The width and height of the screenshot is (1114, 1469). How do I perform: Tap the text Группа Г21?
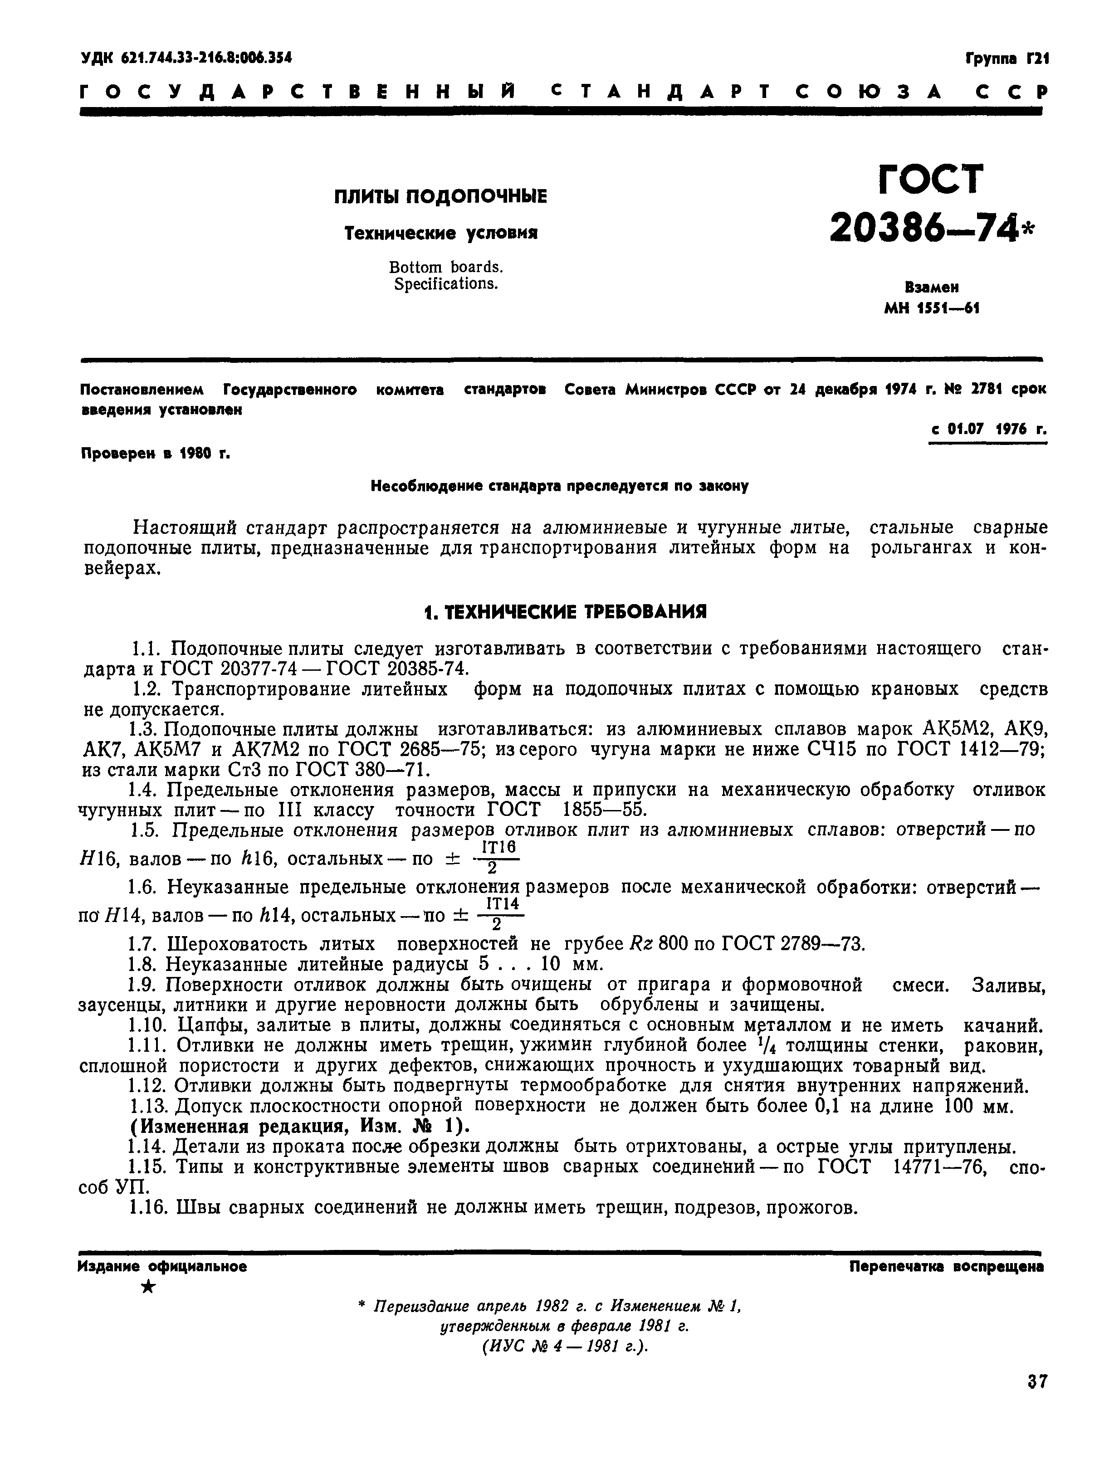[x=1006, y=59]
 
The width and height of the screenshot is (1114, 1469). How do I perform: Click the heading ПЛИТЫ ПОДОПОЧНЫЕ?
[x=440, y=196]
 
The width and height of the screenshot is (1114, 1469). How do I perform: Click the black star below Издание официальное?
[x=149, y=1287]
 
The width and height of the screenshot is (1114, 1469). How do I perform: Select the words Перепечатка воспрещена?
[x=946, y=1266]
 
